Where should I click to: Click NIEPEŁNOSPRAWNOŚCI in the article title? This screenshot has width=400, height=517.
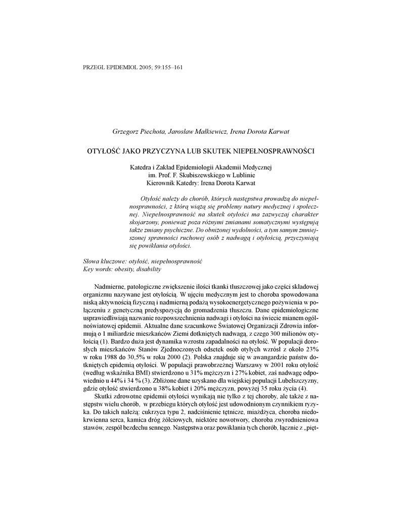[275, 150]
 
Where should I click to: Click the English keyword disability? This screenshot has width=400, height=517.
[148, 270]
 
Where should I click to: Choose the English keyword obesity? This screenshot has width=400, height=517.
[123, 270]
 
